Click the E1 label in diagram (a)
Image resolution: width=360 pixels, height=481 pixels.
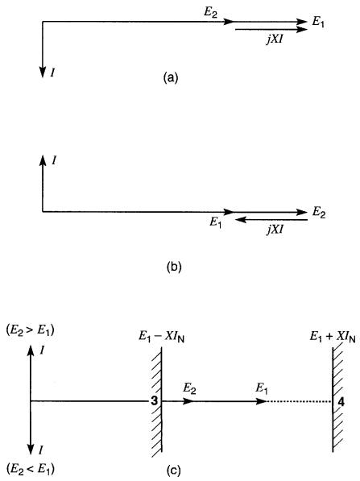(x=318, y=23)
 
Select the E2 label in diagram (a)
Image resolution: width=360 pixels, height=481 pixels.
(x=210, y=13)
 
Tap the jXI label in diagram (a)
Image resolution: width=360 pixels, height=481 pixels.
(x=275, y=39)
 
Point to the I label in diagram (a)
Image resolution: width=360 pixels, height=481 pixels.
(x=52, y=73)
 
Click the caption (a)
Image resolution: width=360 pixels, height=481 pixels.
(x=171, y=77)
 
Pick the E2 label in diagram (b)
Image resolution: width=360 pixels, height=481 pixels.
(x=319, y=213)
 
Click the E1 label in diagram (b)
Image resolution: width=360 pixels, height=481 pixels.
(x=216, y=222)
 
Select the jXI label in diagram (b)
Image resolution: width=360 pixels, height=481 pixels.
(x=275, y=229)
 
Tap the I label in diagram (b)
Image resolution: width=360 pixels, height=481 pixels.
(x=54, y=160)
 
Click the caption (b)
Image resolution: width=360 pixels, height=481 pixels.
(x=174, y=267)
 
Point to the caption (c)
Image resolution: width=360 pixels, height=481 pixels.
(x=173, y=470)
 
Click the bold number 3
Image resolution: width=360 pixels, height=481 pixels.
(x=155, y=400)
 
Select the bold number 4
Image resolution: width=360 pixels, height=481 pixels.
(x=341, y=401)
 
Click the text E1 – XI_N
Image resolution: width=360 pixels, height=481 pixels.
(x=162, y=337)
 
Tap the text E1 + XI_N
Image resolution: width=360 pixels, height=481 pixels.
(x=333, y=337)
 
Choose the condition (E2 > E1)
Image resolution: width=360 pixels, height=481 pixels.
(x=30, y=330)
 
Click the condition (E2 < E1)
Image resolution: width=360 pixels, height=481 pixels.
(x=30, y=470)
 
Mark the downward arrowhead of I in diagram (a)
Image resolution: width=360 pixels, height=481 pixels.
(x=43, y=72)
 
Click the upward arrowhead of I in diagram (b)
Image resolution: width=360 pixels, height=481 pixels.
(x=43, y=160)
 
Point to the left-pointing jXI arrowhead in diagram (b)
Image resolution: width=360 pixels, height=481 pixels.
(x=241, y=220)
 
